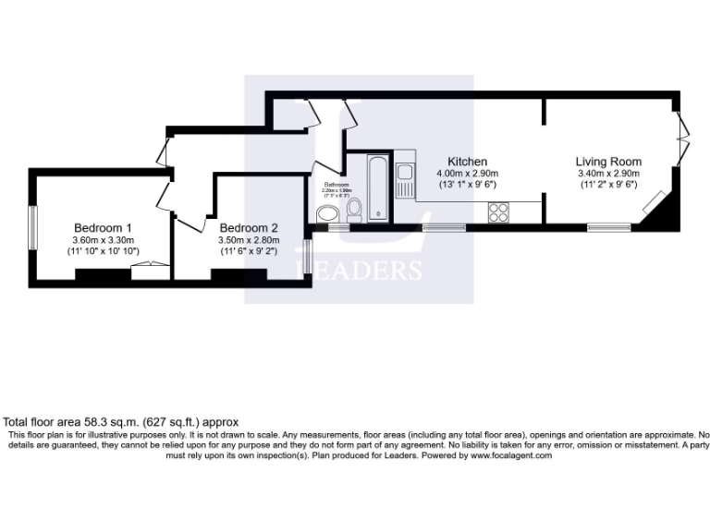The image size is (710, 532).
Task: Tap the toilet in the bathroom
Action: coord(352,213)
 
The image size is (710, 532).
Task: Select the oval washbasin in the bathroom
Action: coord(327,215)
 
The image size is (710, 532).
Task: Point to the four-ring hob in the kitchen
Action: coord(499,212)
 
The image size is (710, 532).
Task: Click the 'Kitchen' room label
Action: coord(467,162)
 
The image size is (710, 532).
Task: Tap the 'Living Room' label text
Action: coord(608,162)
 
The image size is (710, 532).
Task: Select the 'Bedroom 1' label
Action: coord(103,228)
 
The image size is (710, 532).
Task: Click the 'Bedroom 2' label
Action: coord(249,228)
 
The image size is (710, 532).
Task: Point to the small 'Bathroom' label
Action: coord(337,185)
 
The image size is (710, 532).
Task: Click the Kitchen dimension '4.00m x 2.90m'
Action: coord(467,173)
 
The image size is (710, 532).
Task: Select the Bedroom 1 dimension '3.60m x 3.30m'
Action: coord(103,240)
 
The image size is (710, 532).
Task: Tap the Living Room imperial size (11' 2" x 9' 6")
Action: coord(608,185)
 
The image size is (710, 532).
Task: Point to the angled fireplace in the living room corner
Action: coord(656,203)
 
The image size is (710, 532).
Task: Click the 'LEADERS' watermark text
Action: coord(358,270)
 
